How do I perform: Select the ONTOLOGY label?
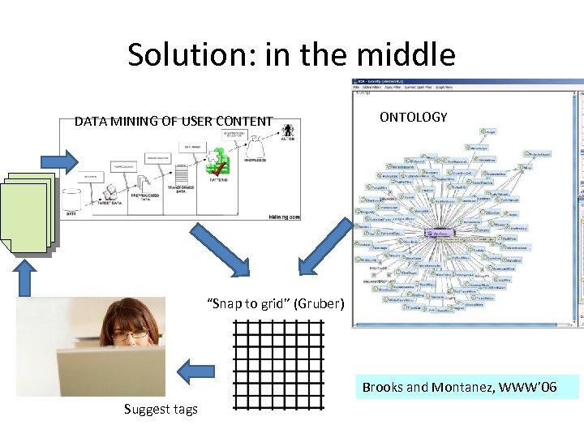(413, 118)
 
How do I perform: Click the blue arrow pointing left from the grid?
(194, 372)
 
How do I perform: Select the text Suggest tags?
(161, 409)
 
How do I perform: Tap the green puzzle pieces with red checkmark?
(218, 164)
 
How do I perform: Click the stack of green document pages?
(28, 213)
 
